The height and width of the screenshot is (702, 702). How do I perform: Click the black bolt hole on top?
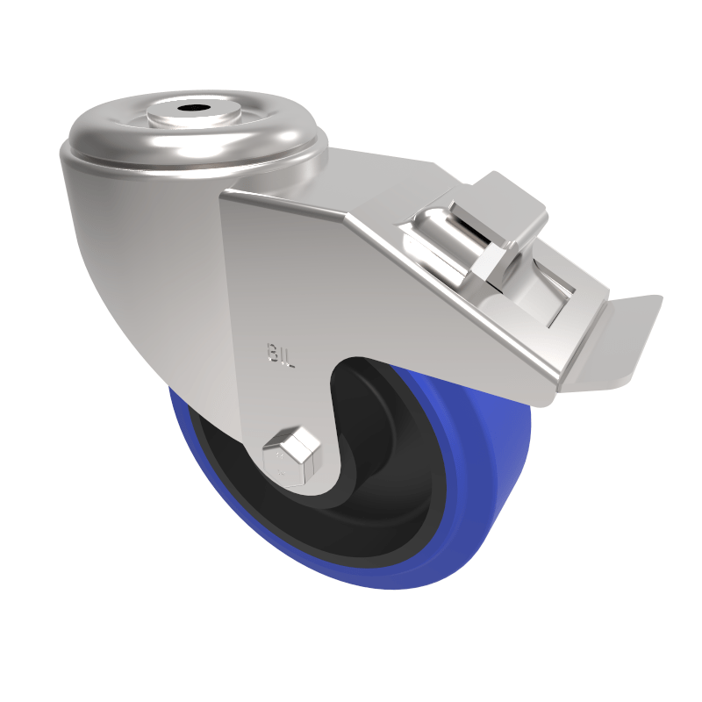[x=193, y=111]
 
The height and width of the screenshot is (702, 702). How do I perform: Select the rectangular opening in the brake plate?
[x=553, y=294]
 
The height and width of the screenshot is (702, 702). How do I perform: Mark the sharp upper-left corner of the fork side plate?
[x=223, y=195]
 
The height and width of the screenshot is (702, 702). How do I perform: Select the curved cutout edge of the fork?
[x=338, y=386]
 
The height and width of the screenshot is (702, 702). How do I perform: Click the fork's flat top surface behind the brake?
[x=377, y=175]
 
